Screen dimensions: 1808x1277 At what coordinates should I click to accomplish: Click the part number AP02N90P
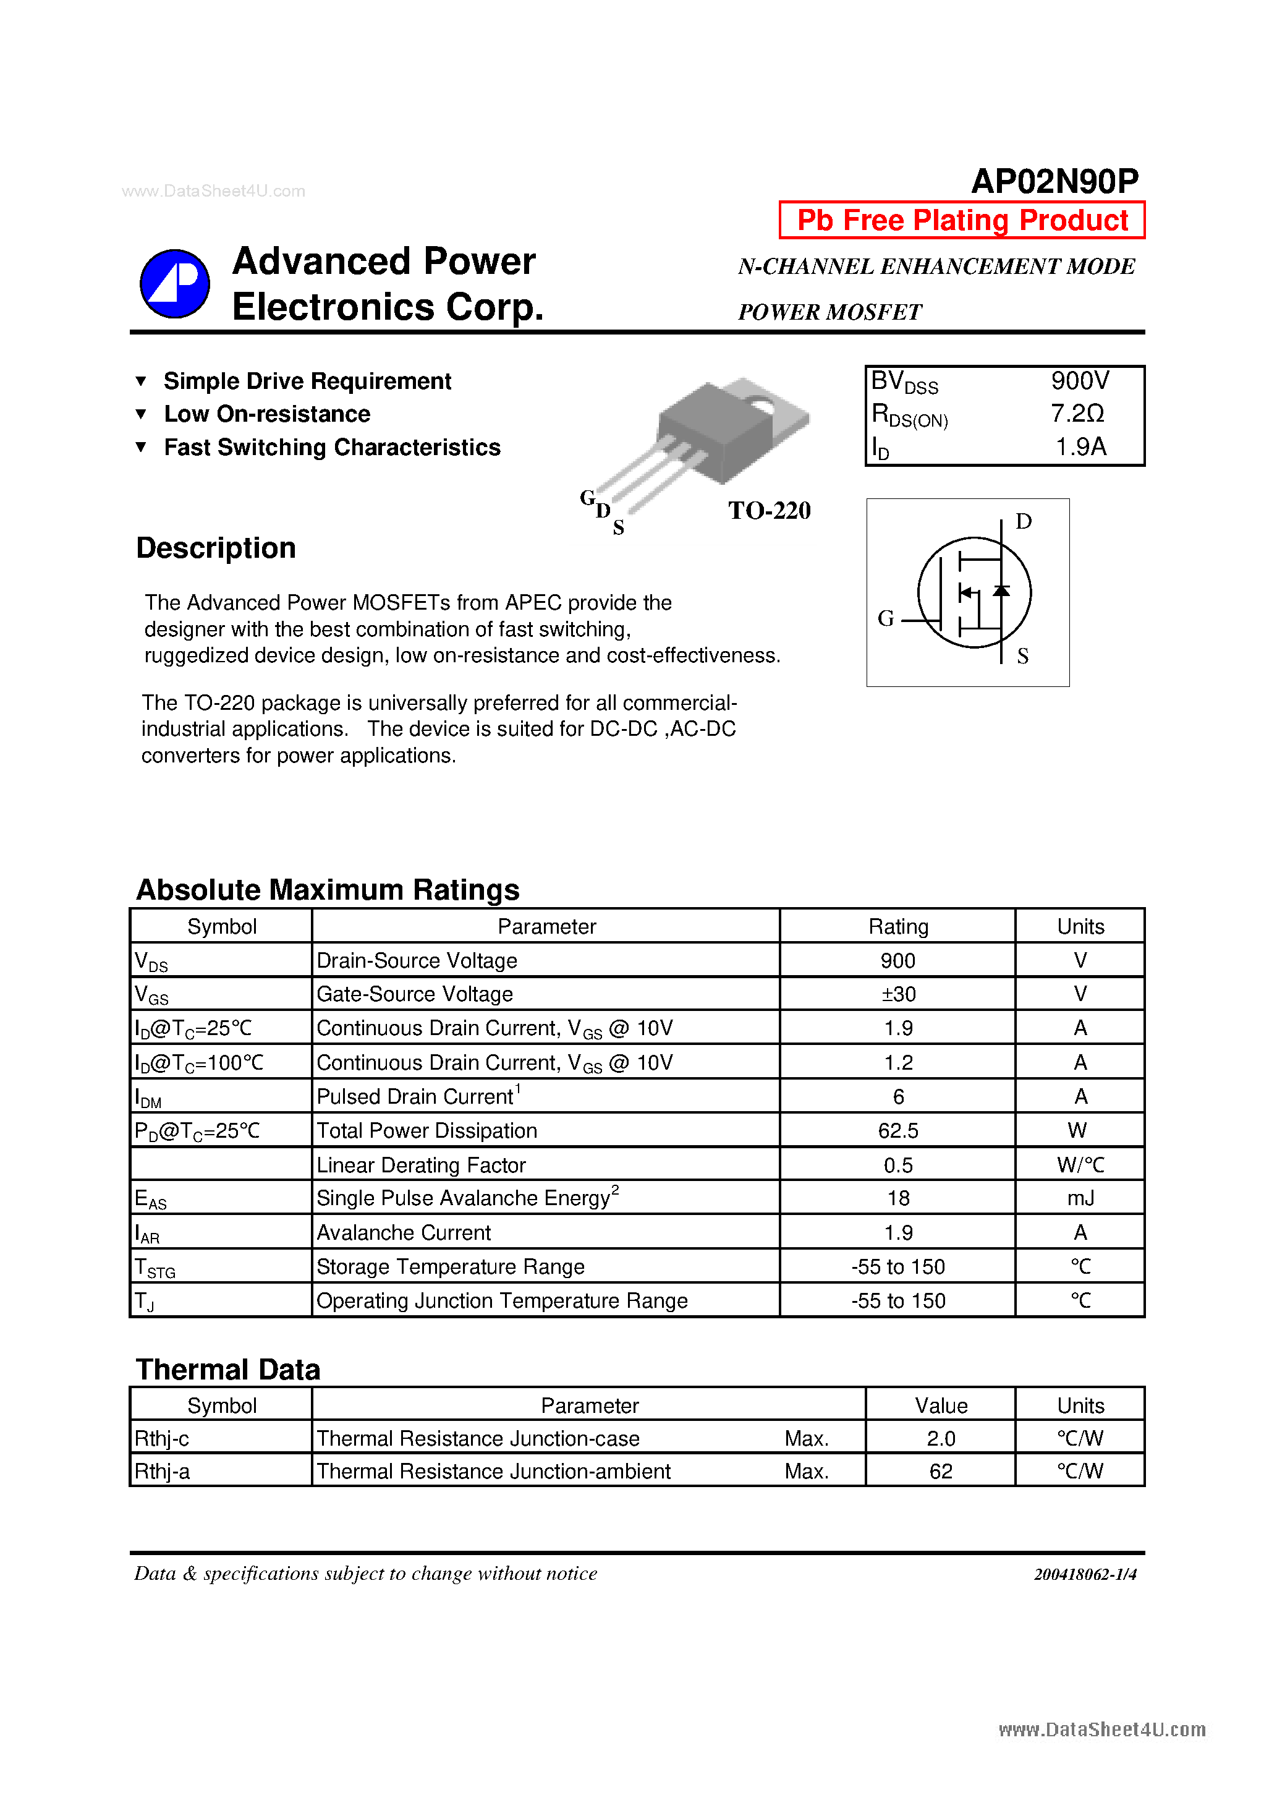coord(1054,181)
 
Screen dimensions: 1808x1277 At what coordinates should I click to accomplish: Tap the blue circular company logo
coord(175,283)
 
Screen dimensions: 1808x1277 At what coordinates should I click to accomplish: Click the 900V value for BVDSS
coord(1079,381)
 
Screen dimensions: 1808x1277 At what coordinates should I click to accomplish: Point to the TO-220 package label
coord(768,510)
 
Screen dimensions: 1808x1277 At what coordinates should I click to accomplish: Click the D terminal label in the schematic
coord(1023,521)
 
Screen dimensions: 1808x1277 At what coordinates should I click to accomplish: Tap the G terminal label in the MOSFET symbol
coord(886,618)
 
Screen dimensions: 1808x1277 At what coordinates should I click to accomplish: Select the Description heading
coord(216,548)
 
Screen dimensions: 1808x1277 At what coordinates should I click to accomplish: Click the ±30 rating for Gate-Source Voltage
coord(897,994)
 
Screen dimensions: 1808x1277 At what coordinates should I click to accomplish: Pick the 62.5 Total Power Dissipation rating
coord(897,1131)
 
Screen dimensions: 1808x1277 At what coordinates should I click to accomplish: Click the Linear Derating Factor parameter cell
coord(420,1165)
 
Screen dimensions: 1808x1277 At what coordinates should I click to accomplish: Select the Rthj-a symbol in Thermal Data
coord(162,1471)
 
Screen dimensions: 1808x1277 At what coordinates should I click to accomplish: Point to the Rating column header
coord(897,927)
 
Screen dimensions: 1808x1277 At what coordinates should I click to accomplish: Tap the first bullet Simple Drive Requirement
coord(307,381)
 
